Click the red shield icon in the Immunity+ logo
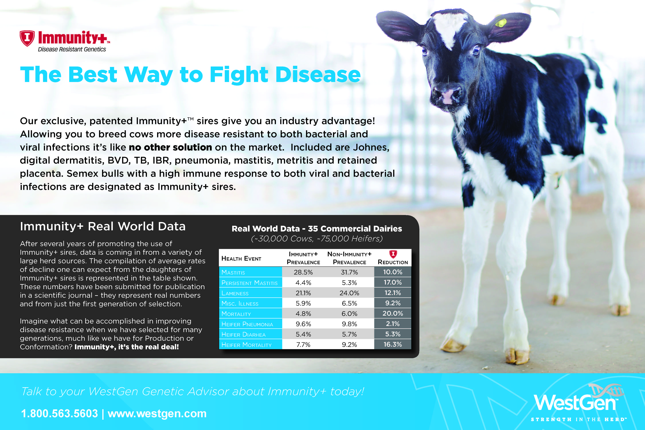click(27, 38)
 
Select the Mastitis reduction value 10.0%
click(393, 272)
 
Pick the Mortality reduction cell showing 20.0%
click(393, 313)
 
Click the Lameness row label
click(235, 293)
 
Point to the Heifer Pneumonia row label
click(247, 324)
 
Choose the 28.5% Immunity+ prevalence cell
click(303, 272)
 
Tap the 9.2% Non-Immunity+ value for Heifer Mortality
click(349, 345)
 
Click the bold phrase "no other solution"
click(170, 147)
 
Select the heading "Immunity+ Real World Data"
click(103, 226)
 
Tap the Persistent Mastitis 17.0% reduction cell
click(393, 283)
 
